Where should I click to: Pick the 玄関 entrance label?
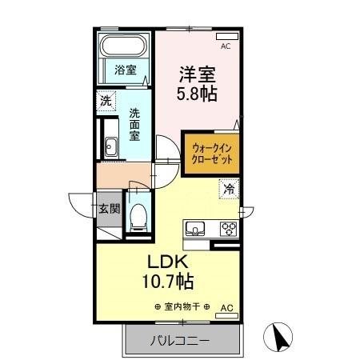coord(110,210)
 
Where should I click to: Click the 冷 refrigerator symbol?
coord(230,190)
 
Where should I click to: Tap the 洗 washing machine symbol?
coord(106,101)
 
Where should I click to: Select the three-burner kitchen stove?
coord(228,229)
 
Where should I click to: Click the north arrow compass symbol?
coord(280,337)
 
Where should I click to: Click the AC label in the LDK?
coord(226,307)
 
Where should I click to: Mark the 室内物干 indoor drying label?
coord(182,307)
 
